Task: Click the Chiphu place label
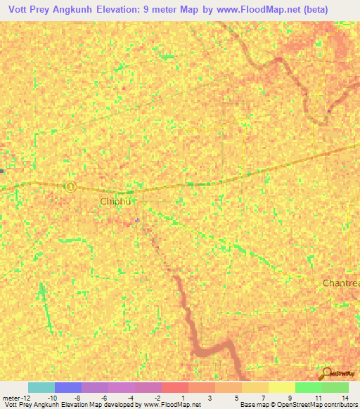[x=116, y=202]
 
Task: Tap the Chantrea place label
[x=341, y=283]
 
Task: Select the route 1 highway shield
[x=70, y=186]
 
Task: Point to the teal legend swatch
[x=41, y=387]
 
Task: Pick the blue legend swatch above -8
[x=68, y=387]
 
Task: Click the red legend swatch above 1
[x=174, y=387]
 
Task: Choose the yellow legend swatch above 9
[x=281, y=387]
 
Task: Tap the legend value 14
[x=345, y=398]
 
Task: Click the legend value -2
[x=160, y=398]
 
